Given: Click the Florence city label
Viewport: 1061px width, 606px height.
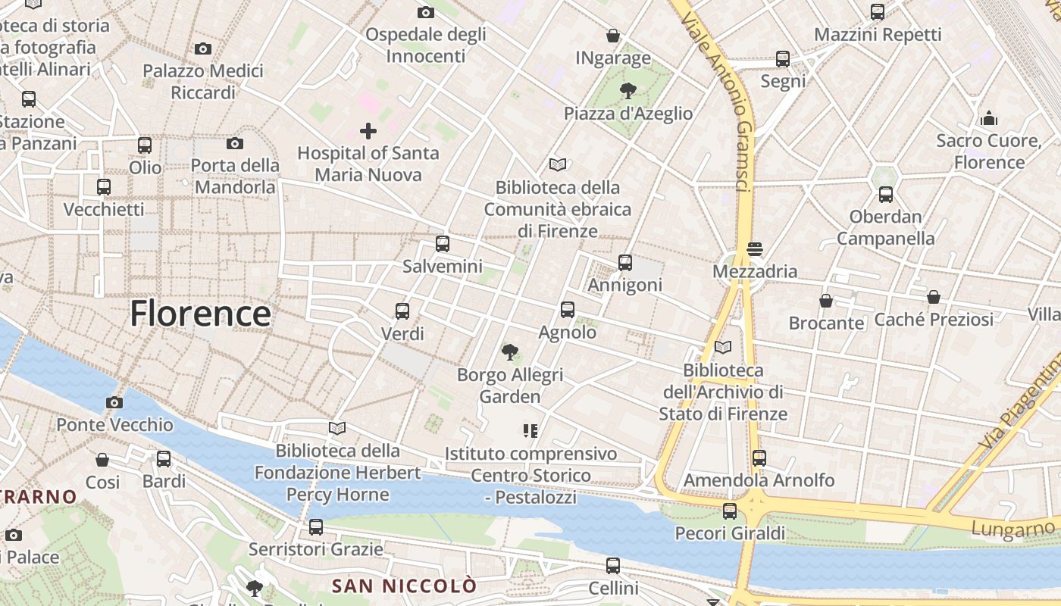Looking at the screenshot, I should tap(200, 314).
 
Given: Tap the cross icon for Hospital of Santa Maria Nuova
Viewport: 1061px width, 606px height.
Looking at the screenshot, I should tap(368, 131).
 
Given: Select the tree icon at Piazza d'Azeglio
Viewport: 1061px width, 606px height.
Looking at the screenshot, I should tap(628, 92).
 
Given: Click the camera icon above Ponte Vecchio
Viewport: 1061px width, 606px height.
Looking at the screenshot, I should tap(114, 402).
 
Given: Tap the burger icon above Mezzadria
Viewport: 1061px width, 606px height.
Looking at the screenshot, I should tap(754, 248).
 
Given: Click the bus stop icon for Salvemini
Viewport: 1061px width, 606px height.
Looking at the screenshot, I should tap(443, 244).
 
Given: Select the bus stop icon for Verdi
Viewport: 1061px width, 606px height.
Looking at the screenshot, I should tap(402, 311).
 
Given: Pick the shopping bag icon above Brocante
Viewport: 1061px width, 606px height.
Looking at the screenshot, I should tap(826, 301).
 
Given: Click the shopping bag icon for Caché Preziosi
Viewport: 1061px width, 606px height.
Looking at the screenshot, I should tap(934, 297).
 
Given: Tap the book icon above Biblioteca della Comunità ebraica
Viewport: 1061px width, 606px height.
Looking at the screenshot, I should tap(558, 164).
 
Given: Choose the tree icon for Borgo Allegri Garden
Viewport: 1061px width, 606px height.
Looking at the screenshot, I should tap(510, 351).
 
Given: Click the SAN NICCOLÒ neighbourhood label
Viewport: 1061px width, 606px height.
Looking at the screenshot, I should tap(405, 586).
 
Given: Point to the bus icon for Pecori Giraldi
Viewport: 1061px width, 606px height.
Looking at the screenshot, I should tap(730, 511).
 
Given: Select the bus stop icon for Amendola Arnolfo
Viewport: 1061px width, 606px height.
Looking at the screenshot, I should tap(759, 458).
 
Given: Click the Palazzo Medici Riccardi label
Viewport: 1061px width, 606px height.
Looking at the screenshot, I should tap(203, 82).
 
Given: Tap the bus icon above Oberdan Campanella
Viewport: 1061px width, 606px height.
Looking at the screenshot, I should tap(886, 195).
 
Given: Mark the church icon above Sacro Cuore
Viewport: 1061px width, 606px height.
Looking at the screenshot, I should tap(989, 118).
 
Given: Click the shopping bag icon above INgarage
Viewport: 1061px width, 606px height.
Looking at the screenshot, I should tap(613, 36).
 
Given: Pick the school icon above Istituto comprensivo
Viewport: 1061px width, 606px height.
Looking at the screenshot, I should tap(530, 431).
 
